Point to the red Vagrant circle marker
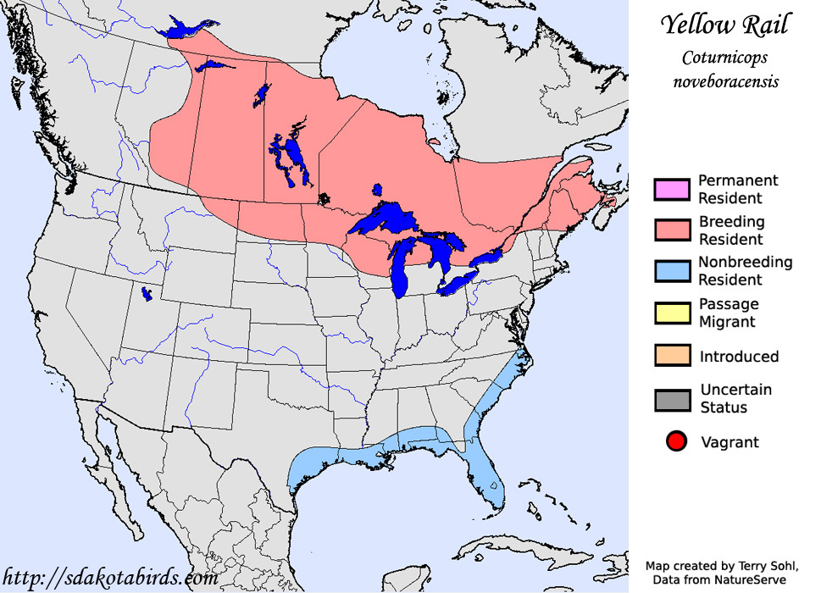coord(674,442)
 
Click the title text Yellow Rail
coord(724,25)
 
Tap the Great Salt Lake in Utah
coord(147,294)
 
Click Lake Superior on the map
coord(391,220)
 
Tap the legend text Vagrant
coord(729,442)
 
